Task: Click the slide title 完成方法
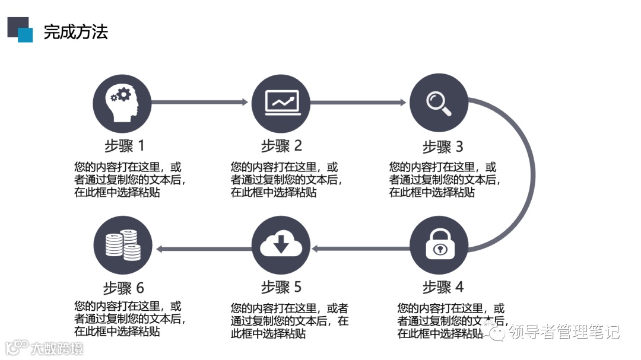pyautogui.click(x=76, y=32)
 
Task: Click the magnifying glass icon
pyautogui.click(x=439, y=103)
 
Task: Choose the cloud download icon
pyautogui.click(x=281, y=244)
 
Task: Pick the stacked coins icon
pyautogui.click(x=123, y=244)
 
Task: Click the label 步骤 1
pyautogui.click(x=124, y=145)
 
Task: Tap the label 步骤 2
pyautogui.click(x=281, y=145)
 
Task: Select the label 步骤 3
pyautogui.click(x=443, y=146)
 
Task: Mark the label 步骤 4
pyautogui.click(x=443, y=288)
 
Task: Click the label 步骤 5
pyautogui.click(x=281, y=288)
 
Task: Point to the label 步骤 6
pyautogui.click(x=124, y=288)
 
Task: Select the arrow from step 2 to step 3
pyautogui.click(x=358, y=102)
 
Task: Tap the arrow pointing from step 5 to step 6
pyautogui.click(x=202, y=249)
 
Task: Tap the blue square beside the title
pyautogui.click(x=26, y=35)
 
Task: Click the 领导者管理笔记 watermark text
pyautogui.click(x=564, y=331)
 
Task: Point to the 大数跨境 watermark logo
pyautogui.click(x=45, y=347)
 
